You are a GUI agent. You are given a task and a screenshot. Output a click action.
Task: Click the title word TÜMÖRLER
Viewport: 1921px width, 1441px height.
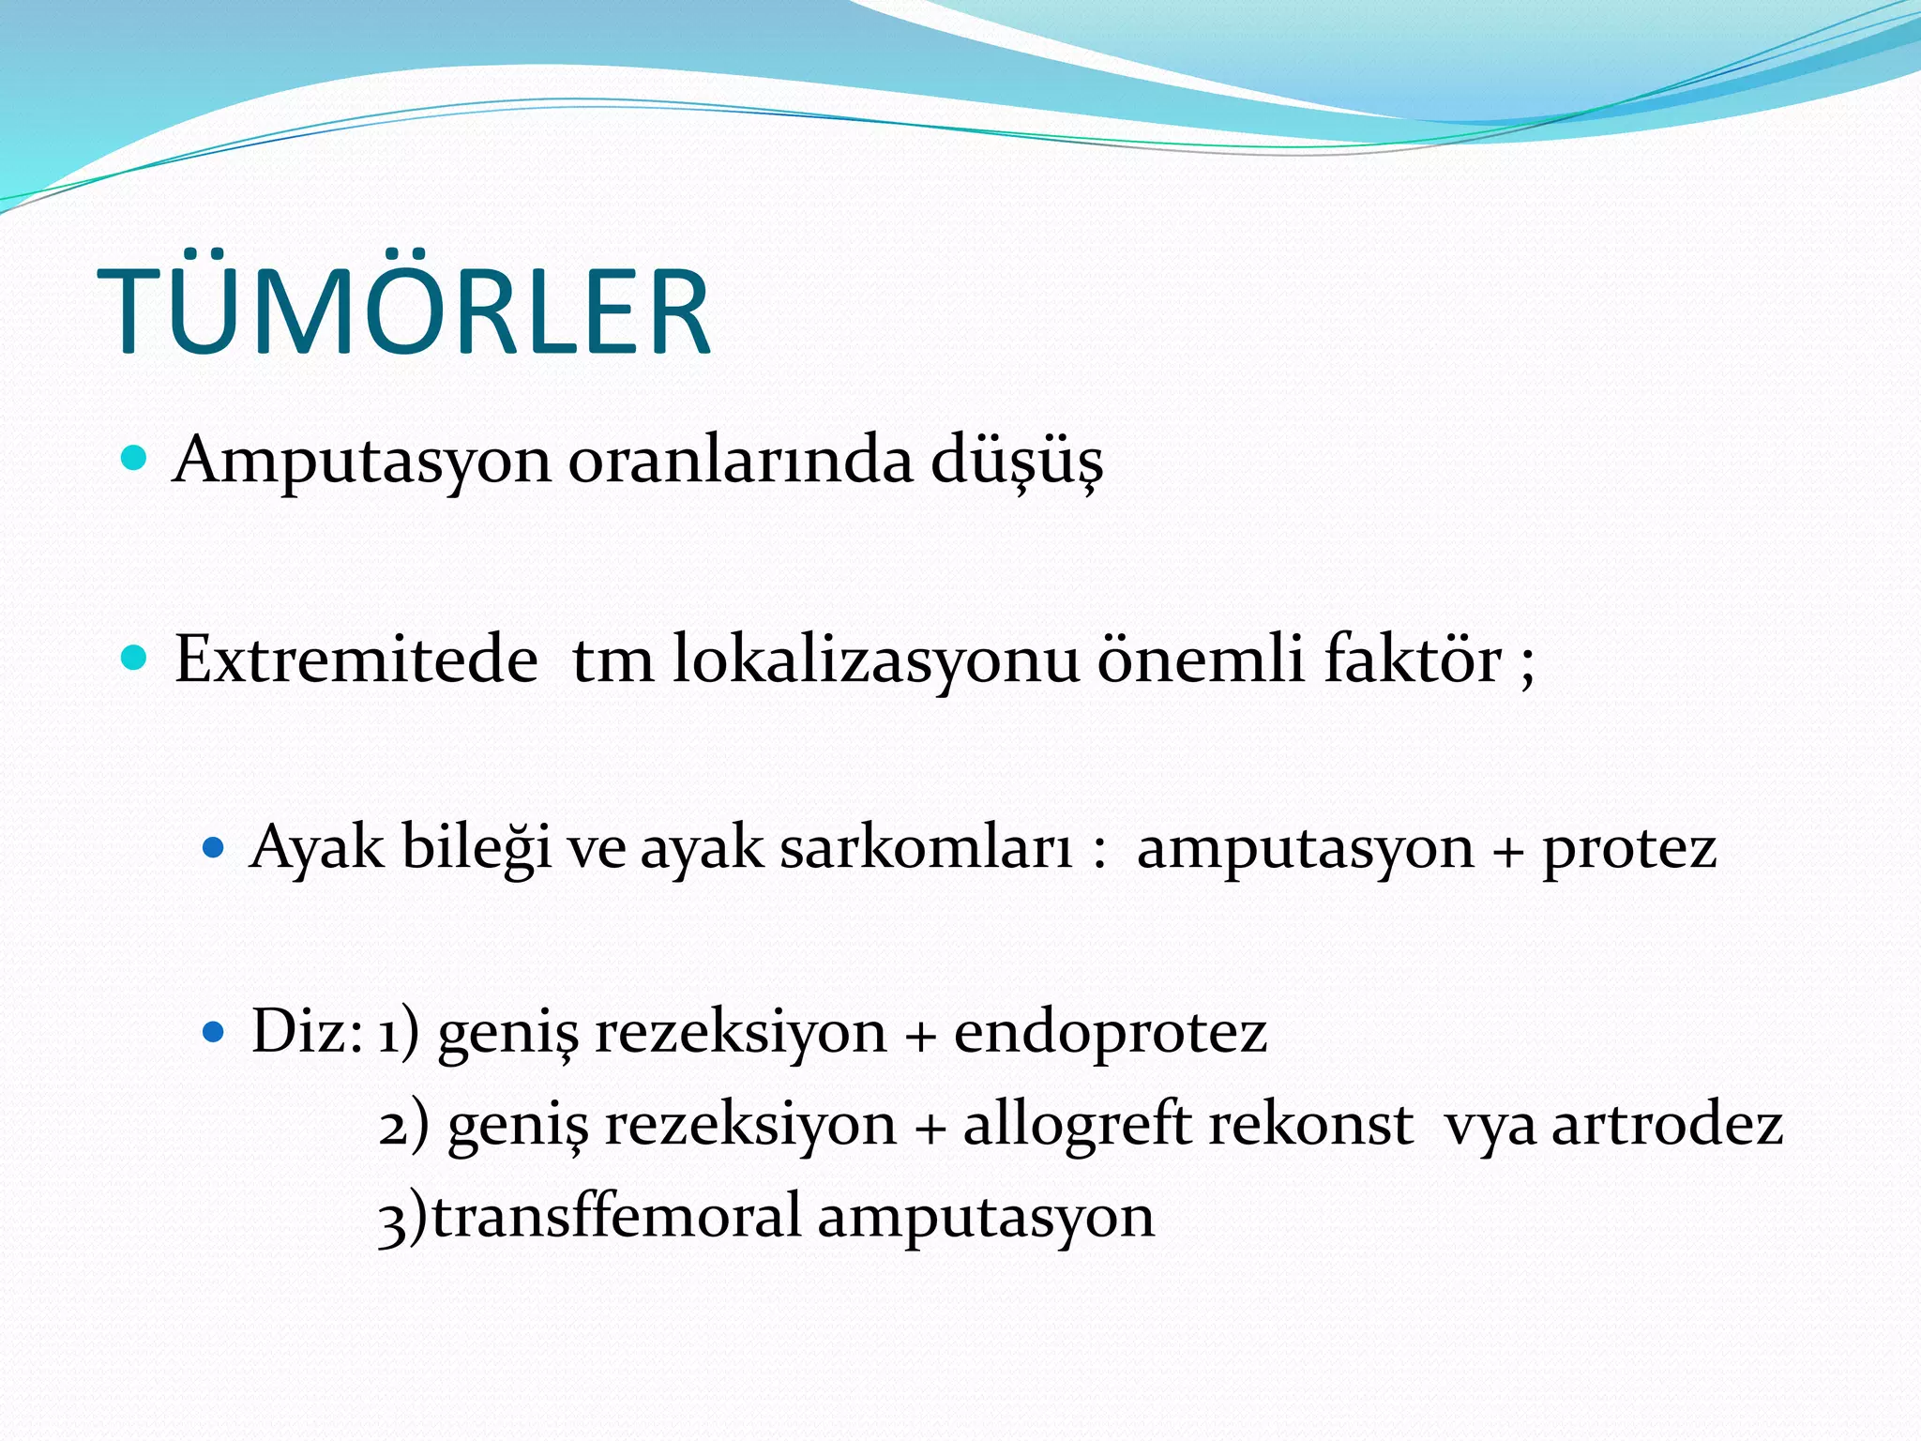pyautogui.click(x=403, y=311)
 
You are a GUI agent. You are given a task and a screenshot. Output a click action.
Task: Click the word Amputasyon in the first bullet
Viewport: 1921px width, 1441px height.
pyautogui.click(x=361, y=462)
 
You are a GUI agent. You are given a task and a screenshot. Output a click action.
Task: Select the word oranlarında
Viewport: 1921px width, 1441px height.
pyautogui.click(x=740, y=462)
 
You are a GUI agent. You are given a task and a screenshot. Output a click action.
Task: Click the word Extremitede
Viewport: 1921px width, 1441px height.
pyautogui.click(x=355, y=660)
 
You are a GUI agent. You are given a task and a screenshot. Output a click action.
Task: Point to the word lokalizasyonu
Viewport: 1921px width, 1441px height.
pyautogui.click(x=876, y=660)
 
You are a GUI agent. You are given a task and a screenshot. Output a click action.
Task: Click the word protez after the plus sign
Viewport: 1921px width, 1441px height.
pyautogui.click(x=1629, y=848)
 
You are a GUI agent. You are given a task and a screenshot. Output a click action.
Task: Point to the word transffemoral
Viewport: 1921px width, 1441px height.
pyautogui.click(x=614, y=1216)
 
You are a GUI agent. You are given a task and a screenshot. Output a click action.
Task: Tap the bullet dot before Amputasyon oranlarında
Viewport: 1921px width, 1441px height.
pyautogui.click(x=135, y=459)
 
